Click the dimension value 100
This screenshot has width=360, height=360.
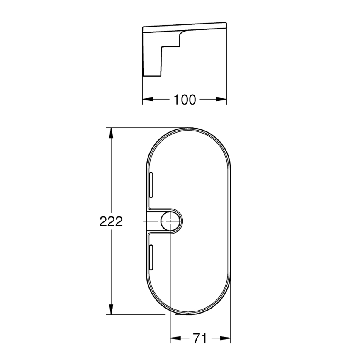click(185, 100)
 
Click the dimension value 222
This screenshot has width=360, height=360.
click(111, 221)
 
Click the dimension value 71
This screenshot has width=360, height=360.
click(200, 339)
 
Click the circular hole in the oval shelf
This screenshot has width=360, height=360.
click(170, 220)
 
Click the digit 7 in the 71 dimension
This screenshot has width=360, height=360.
click(197, 339)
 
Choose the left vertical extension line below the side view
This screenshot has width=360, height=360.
click(143, 89)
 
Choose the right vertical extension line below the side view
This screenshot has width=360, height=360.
click(227, 66)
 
